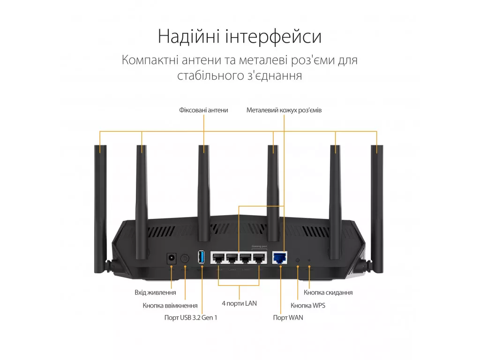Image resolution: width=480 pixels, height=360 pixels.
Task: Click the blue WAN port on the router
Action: (x=279, y=258)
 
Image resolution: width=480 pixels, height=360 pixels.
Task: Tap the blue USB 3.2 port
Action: (x=201, y=257)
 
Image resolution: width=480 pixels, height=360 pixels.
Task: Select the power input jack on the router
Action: (x=172, y=258)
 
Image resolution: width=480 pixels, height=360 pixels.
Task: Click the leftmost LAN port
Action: (x=218, y=258)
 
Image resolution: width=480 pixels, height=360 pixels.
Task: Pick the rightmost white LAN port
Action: (x=259, y=258)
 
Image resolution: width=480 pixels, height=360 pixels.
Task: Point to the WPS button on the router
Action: (x=298, y=260)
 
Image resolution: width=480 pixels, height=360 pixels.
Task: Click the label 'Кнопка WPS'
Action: (x=307, y=306)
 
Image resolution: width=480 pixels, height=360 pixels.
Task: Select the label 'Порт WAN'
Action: (x=288, y=318)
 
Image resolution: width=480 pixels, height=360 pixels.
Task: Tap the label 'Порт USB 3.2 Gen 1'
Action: (x=191, y=318)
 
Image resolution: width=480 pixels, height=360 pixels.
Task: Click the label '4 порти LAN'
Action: (x=239, y=303)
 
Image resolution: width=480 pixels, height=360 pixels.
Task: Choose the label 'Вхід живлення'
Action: (x=155, y=292)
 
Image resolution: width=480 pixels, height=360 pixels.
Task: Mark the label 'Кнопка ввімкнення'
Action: (x=170, y=306)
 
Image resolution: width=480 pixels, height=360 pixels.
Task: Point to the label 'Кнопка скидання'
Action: (x=328, y=292)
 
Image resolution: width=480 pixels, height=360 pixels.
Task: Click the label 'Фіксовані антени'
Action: (x=203, y=110)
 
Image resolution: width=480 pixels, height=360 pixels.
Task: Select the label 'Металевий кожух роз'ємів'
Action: (x=284, y=110)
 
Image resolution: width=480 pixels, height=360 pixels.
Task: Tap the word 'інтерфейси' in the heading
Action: (x=273, y=37)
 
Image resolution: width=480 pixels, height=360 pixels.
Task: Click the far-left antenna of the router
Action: (x=101, y=210)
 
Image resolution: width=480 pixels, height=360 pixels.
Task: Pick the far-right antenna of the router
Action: (x=376, y=210)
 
